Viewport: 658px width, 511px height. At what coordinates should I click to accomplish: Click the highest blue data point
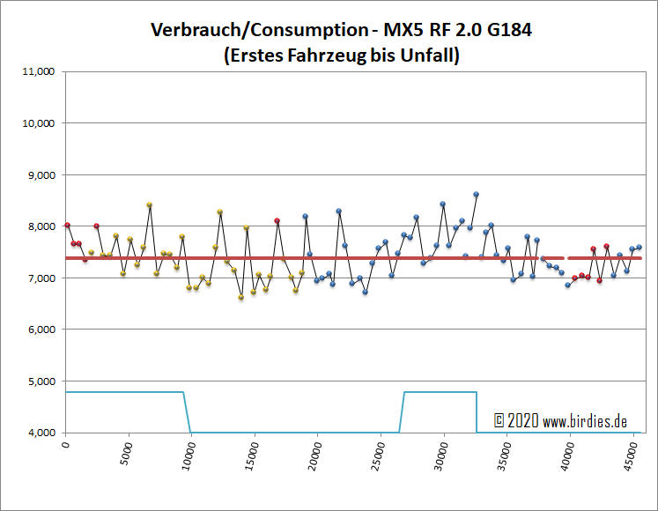pos(476,194)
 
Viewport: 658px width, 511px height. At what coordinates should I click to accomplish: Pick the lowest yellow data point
pos(240,298)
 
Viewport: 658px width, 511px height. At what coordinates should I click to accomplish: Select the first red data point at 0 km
pos(67,225)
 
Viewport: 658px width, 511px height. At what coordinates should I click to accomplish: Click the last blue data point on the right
pos(639,248)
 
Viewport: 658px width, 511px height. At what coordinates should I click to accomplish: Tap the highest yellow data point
pos(150,204)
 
